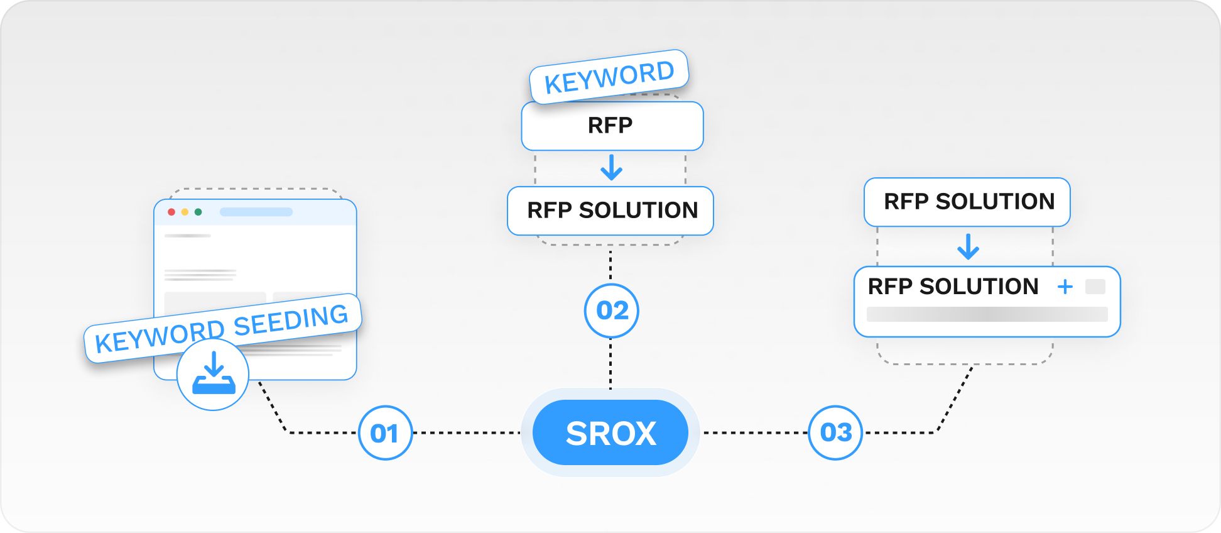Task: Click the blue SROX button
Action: tap(610, 433)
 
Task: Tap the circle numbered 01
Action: tap(385, 433)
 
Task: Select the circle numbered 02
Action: tap(611, 310)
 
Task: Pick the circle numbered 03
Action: tap(835, 432)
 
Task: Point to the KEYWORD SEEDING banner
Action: tap(222, 327)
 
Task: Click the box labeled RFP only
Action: tap(612, 126)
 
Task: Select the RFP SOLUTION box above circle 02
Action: tap(610, 211)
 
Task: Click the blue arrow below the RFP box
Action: tap(611, 168)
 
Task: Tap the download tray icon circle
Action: tap(213, 375)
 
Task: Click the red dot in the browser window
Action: tap(171, 212)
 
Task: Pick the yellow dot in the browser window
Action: tap(185, 212)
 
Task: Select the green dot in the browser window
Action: tap(198, 212)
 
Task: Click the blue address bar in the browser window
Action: tap(256, 212)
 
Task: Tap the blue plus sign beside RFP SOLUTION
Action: tap(1065, 287)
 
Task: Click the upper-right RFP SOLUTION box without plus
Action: tap(967, 202)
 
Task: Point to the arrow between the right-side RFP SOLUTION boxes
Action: tap(968, 246)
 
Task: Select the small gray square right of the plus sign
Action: tap(1095, 287)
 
